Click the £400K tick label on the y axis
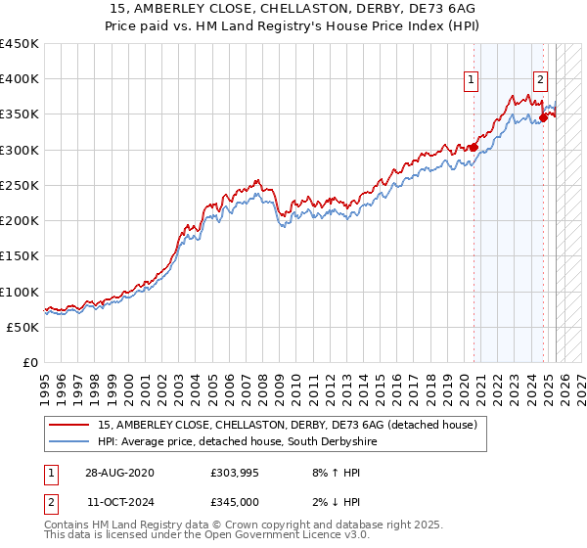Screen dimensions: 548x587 point(19,79)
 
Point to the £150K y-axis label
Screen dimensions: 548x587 point(19,255)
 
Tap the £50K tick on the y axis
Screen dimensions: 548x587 point(23,327)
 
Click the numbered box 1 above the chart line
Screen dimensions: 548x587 point(472,81)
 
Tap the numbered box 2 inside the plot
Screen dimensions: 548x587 point(540,81)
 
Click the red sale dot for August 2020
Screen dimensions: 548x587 point(474,148)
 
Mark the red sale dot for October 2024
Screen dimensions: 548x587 point(544,118)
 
